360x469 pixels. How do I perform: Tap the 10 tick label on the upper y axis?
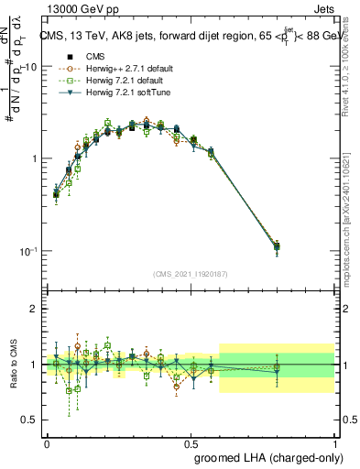click(x=30, y=68)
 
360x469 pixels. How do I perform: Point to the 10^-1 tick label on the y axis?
click(x=28, y=251)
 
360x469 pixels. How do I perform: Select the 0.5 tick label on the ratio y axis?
click(x=29, y=420)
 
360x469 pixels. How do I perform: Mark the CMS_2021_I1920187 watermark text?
click(x=191, y=274)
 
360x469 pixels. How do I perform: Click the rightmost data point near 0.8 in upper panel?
click(x=278, y=246)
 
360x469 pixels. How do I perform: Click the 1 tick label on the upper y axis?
click(x=35, y=159)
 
